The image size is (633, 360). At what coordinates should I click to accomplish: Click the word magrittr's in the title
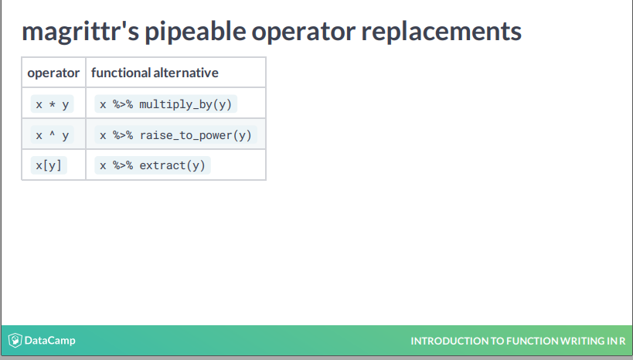(x=80, y=32)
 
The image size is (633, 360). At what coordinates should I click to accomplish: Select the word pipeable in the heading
(x=196, y=32)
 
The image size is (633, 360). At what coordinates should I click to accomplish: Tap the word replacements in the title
(x=441, y=32)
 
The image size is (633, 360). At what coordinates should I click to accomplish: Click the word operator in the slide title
(x=304, y=32)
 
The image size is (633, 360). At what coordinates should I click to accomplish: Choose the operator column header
(x=53, y=73)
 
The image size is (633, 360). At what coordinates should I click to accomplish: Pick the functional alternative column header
(x=155, y=73)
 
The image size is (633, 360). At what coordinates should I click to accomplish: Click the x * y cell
(x=52, y=104)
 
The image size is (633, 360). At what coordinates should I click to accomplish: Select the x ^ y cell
(x=52, y=134)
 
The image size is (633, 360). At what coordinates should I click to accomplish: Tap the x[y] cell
(x=49, y=165)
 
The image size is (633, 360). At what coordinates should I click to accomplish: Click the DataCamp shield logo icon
(x=15, y=340)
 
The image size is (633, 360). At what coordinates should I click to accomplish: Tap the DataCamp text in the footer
(x=49, y=340)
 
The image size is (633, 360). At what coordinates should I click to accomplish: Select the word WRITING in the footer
(x=581, y=341)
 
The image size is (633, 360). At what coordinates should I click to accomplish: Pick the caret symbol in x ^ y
(x=52, y=133)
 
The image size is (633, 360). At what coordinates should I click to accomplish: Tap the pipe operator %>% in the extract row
(x=123, y=165)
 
